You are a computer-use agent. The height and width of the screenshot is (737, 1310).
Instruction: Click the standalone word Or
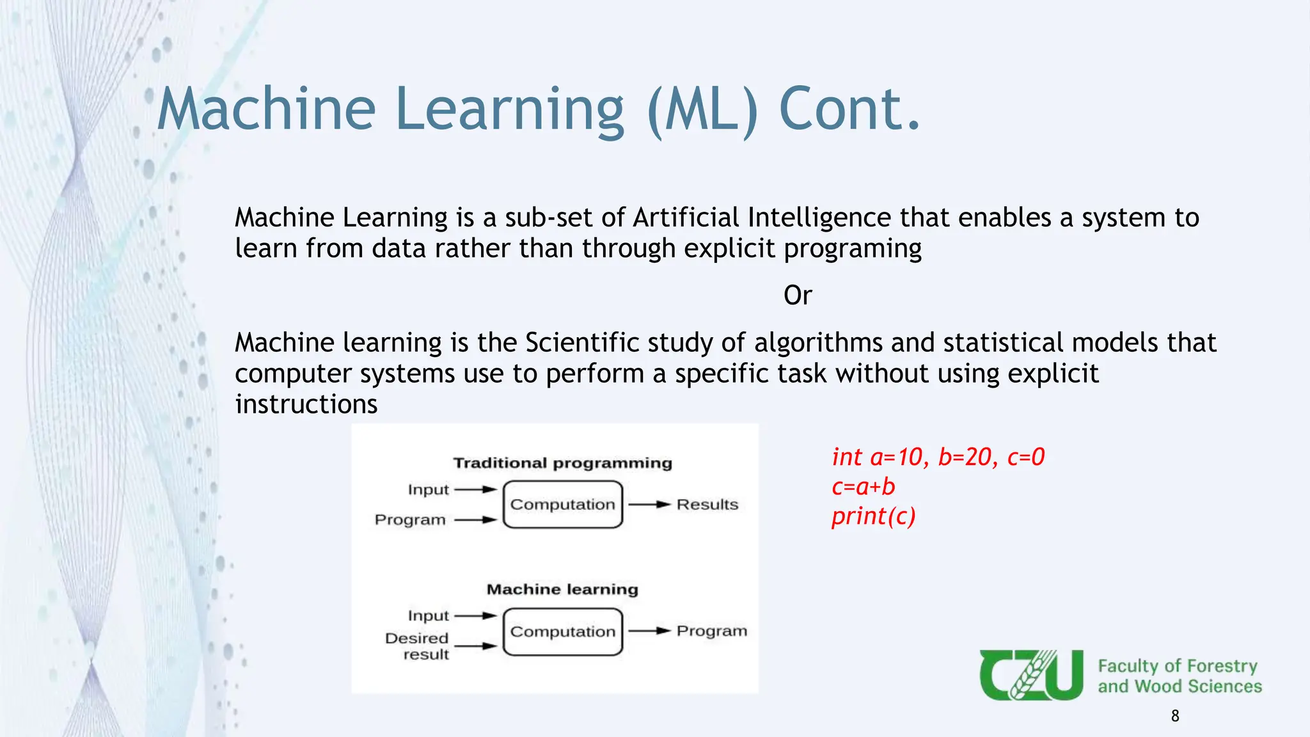click(x=798, y=296)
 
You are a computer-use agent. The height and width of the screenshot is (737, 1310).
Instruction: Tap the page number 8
click(x=1174, y=716)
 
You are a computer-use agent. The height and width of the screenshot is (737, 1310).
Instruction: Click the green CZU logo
click(x=1031, y=675)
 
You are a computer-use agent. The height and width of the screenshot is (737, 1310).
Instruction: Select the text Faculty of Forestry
click(x=1178, y=666)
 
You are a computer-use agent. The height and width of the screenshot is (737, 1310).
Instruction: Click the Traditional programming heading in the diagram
click(x=562, y=463)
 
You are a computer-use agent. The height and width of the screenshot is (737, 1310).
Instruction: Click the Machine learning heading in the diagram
click(x=562, y=589)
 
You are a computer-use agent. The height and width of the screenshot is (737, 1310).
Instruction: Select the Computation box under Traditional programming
click(x=562, y=504)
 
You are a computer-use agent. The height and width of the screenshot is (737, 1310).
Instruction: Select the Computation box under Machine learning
click(x=562, y=631)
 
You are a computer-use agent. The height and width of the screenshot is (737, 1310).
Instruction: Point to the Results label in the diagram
click(x=707, y=504)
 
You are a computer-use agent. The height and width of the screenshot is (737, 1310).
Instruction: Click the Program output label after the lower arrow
click(x=711, y=631)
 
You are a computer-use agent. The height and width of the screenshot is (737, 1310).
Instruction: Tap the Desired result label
click(x=417, y=646)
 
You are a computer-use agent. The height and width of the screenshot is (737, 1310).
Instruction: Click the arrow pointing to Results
click(x=649, y=504)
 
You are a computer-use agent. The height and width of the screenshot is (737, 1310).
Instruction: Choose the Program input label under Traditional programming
click(x=410, y=519)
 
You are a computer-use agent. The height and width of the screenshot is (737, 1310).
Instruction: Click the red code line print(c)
click(x=873, y=516)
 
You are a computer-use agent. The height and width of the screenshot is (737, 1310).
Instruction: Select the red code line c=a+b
click(x=863, y=487)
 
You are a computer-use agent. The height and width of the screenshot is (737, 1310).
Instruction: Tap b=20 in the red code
click(x=965, y=457)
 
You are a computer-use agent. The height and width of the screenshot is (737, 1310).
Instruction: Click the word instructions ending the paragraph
click(x=306, y=404)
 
